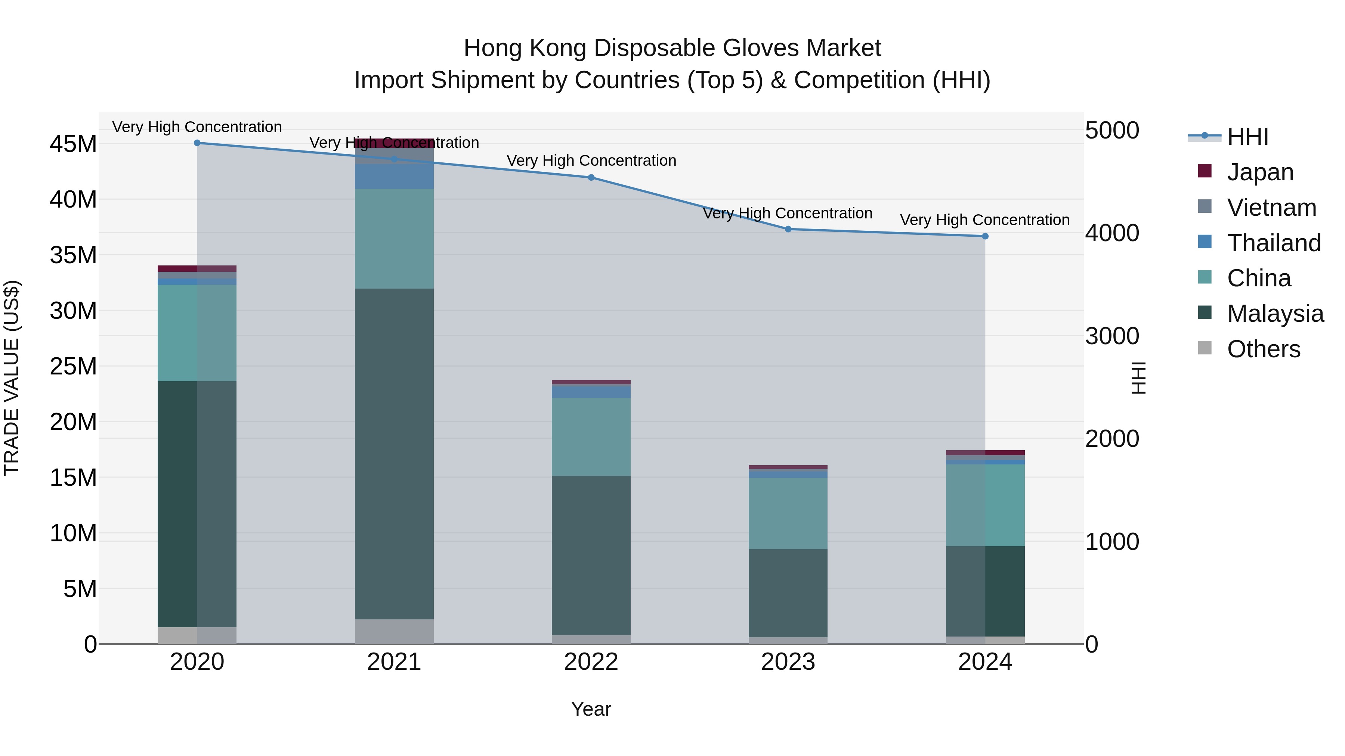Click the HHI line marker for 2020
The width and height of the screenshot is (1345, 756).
point(197,143)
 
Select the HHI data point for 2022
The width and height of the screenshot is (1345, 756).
point(591,177)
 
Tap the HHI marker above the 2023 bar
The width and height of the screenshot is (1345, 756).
point(788,229)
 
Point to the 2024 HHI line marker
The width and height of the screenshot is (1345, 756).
point(985,236)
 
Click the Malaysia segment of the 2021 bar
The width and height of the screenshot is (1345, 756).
point(394,454)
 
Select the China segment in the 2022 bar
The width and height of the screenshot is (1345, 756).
point(591,437)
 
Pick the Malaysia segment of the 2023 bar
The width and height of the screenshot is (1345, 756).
point(788,593)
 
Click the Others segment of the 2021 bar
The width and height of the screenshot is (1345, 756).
point(394,631)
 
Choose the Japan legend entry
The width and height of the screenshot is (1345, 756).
point(1260,172)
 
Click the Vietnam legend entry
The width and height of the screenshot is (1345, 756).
point(1271,208)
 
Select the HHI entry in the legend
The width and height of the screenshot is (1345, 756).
point(1247,137)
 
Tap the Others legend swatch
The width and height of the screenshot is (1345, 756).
point(1205,348)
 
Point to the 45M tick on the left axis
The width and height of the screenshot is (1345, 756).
point(73,144)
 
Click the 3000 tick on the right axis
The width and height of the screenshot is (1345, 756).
point(1112,336)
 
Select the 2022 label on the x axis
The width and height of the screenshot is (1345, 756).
point(591,662)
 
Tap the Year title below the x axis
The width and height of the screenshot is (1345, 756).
point(591,709)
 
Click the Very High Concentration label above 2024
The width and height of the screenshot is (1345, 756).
point(985,220)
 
